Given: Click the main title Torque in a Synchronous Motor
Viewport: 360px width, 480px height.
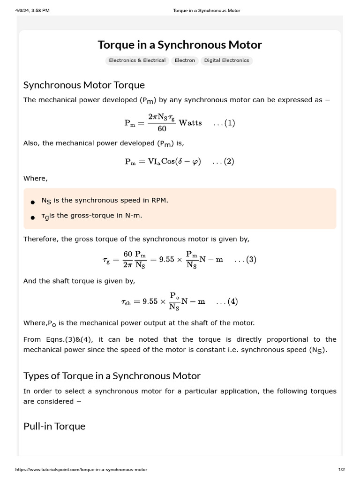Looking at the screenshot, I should point(180,45).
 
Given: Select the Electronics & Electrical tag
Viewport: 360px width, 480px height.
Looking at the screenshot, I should point(137,60).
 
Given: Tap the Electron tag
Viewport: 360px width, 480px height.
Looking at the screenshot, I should point(185,60).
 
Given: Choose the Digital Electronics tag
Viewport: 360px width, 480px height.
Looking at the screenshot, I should point(226,60).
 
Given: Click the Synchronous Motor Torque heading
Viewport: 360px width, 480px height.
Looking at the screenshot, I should point(84,85).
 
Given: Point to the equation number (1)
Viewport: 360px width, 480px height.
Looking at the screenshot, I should point(224,123).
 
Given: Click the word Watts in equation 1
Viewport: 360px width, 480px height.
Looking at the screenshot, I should point(190,123).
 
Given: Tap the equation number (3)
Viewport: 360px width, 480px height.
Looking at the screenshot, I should point(245,260).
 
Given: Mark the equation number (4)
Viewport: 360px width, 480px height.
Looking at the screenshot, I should point(227,302).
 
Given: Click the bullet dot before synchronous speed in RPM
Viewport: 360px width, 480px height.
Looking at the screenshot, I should point(32,202).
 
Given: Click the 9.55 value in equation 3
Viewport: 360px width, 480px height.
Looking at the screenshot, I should point(166,260).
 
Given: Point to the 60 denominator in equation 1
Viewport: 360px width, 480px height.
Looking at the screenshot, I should point(162,129).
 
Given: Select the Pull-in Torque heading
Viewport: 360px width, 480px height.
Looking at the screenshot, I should point(54,426).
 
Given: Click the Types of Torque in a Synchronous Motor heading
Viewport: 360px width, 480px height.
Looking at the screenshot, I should point(112,376).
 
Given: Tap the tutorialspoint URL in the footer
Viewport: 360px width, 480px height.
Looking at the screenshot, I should point(81,470).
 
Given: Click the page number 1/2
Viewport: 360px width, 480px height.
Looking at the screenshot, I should point(341,470).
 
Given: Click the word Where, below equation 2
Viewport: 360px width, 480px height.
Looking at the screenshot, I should point(36,179).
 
